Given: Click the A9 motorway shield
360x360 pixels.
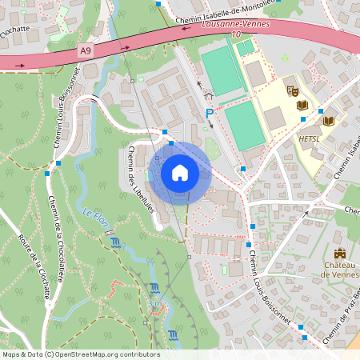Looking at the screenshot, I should click(x=86, y=50).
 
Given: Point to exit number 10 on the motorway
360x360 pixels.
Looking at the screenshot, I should click(x=236, y=34).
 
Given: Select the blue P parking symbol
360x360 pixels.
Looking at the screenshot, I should click(x=210, y=114).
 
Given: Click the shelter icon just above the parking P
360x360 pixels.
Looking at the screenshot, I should click(x=210, y=94).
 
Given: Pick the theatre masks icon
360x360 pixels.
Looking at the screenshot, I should click(x=292, y=91).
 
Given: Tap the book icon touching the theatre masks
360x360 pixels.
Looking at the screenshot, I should click(x=302, y=105).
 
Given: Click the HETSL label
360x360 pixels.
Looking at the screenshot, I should click(x=309, y=138).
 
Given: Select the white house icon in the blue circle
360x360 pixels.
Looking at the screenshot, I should click(x=179, y=171).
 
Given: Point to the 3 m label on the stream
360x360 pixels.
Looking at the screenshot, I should click(x=154, y=304).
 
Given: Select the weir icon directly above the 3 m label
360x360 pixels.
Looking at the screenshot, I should click(x=154, y=288).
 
